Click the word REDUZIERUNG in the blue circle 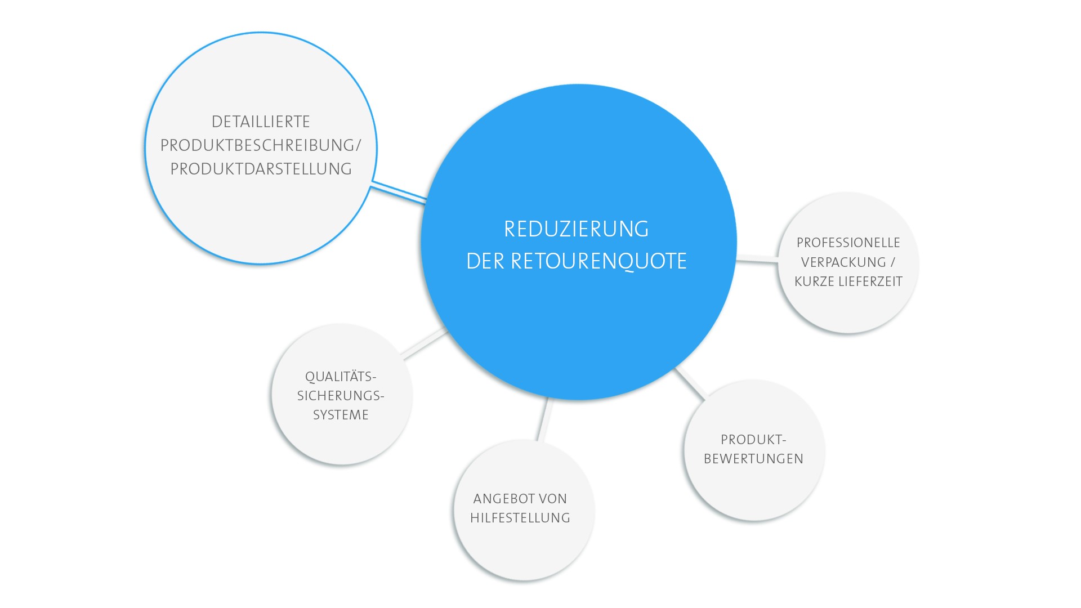pos(576,229)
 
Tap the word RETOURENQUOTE pos(598,261)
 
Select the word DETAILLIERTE pos(261,122)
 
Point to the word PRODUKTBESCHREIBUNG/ pos(261,145)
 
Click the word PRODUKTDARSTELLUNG pos(261,169)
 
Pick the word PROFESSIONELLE pos(848,243)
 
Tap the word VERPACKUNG pos(843,262)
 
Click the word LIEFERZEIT pos(870,281)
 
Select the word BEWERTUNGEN pos(753,459)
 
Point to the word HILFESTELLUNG pos(520,518)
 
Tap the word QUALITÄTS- pos(341,376)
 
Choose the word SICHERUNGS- pos(341,396)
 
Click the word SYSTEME pos(341,415)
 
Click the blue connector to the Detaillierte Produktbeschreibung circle pos(399,193)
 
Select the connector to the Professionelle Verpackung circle pos(757,259)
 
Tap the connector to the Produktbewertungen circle pos(690,383)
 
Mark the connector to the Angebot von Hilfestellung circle pos(544,419)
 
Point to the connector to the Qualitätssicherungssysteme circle pos(424,343)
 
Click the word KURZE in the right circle pos(815,281)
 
